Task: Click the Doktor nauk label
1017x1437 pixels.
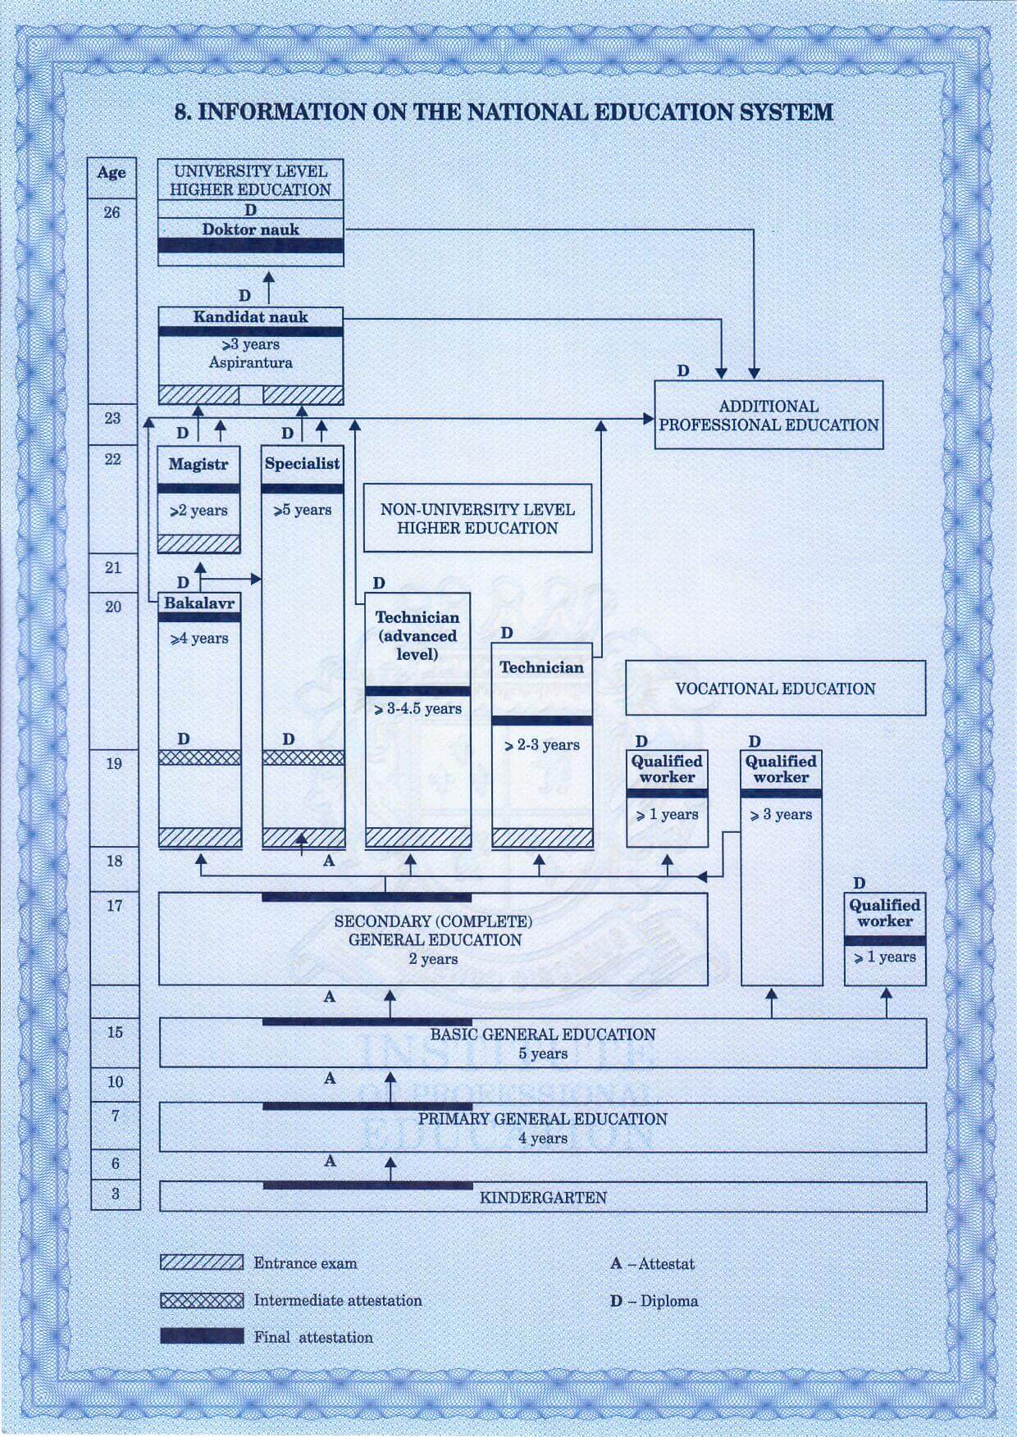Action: tap(250, 230)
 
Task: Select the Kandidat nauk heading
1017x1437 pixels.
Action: tap(250, 317)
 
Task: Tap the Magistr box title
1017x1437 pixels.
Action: tap(198, 464)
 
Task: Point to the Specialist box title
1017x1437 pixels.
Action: tap(302, 463)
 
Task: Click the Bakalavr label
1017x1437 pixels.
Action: tap(198, 603)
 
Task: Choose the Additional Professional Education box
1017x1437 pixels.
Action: tap(768, 416)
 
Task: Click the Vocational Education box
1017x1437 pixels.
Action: tap(775, 689)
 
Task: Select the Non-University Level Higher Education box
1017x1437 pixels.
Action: tap(477, 518)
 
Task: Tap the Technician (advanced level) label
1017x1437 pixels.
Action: tap(417, 635)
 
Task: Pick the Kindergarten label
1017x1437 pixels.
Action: tap(543, 1198)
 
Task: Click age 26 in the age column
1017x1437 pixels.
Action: tap(112, 212)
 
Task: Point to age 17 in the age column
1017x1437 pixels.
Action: tap(114, 906)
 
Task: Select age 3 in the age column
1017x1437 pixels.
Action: tap(115, 1194)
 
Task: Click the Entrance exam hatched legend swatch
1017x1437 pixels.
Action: tap(202, 1262)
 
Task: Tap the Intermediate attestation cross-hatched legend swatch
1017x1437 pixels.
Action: tap(202, 1300)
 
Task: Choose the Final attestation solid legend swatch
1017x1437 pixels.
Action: tap(202, 1337)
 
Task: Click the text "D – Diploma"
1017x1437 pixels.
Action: tap(654, 1301)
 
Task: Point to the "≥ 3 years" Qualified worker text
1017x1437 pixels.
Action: tap(781, 815)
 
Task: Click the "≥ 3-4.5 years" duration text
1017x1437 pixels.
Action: tap(417, 709)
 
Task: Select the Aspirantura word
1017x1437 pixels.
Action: tap(250, 362)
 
